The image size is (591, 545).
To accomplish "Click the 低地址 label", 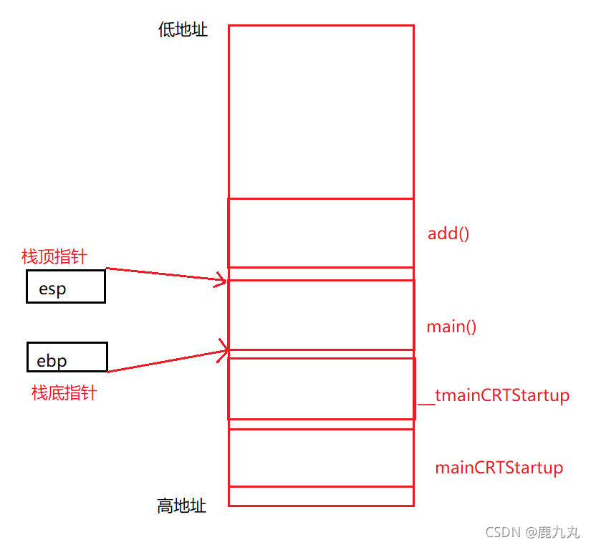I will [183, 29].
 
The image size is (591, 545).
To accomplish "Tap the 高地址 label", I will [182, 506].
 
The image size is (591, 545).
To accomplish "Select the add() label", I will [448, 233].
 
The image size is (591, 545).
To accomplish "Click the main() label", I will [451, 327].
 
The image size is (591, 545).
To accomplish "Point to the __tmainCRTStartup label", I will [494, 395].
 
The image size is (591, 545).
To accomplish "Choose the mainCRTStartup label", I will [499, 468].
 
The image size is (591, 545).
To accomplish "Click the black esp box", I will [66, 286].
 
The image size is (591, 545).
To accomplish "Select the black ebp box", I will [67, 357].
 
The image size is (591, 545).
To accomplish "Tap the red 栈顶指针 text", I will [54, 257].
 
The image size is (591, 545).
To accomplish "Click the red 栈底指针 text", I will [64, 392].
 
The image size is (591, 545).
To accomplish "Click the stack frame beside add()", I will [321, 233].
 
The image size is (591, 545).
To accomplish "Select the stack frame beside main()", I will [321, 315].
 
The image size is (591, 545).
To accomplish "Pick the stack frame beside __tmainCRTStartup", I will [321, 388].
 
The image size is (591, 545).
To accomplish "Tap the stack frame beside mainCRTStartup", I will [321, 458].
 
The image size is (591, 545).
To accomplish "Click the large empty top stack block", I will [321, 112].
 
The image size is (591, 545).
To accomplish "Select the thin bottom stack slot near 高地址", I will [321, 496].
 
